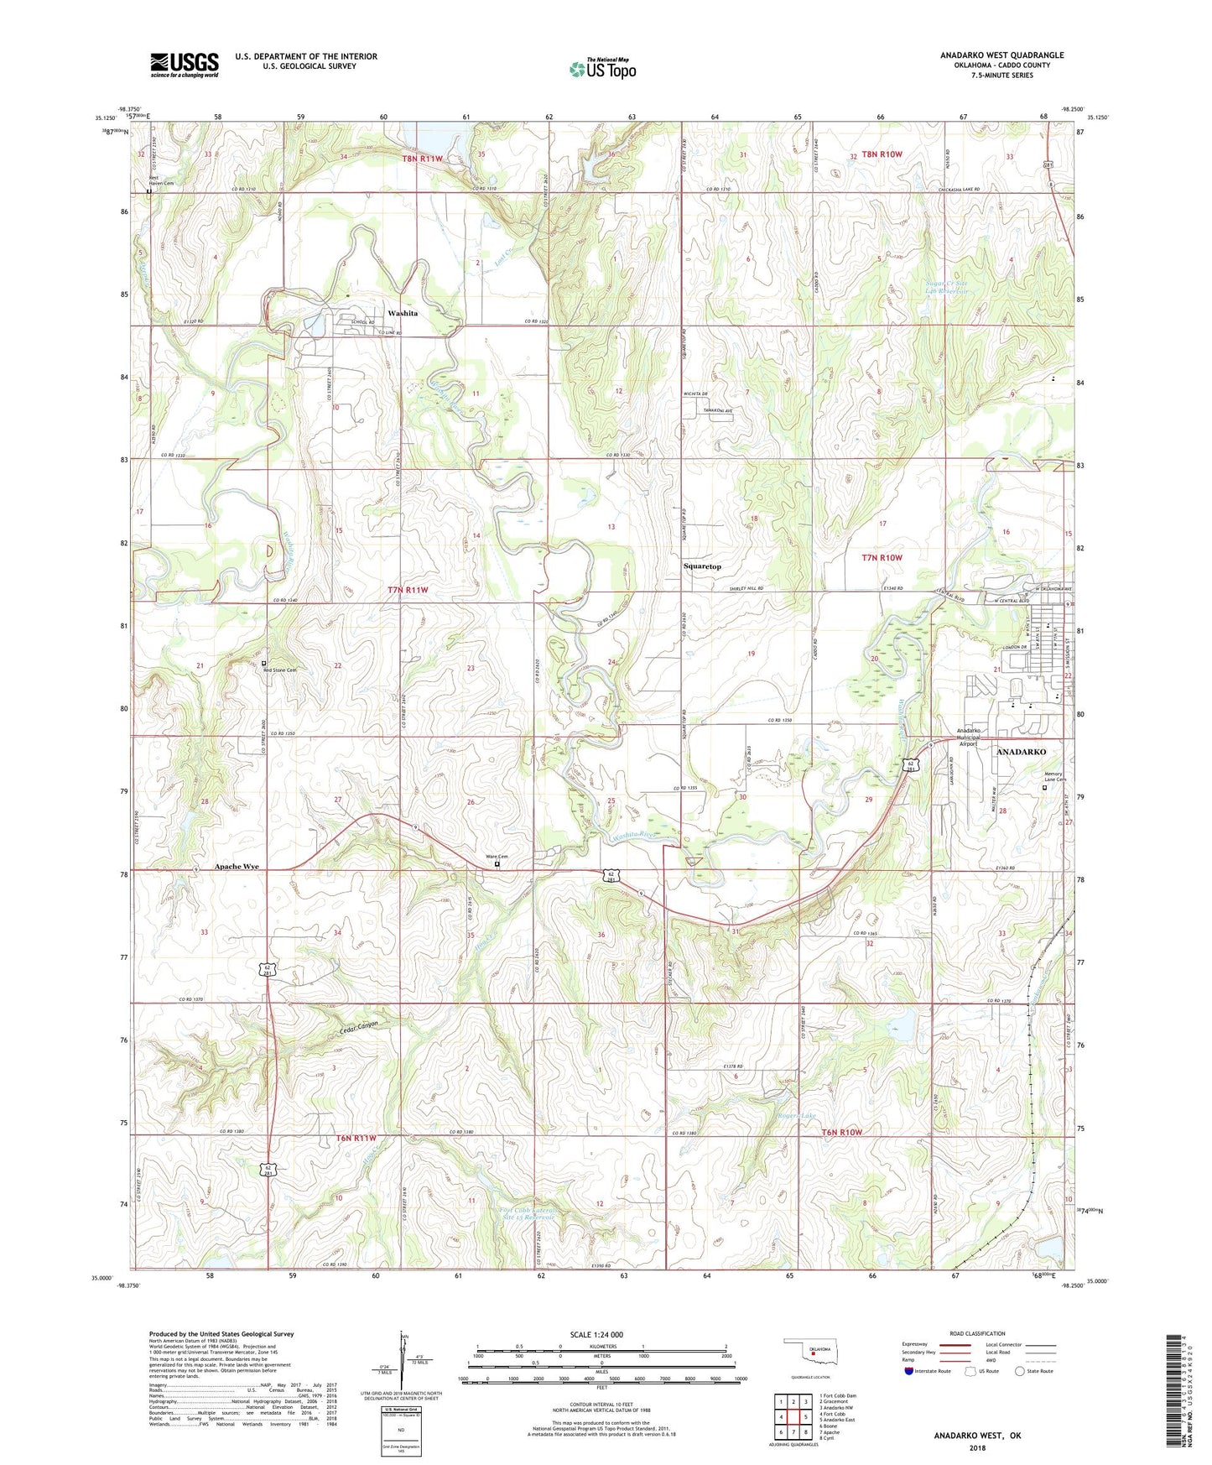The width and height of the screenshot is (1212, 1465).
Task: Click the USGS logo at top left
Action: tap(185, 65)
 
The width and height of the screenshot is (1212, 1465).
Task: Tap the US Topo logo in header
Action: tap(601, 69)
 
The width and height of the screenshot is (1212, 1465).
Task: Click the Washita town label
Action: tap(403, 313)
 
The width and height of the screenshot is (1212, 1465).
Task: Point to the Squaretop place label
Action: tap(702, 566)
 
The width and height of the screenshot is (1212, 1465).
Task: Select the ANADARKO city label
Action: tap(1021, 752)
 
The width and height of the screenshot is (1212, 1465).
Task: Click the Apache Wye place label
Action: tap(237, 866)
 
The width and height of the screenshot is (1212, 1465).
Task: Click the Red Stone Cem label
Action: tap(281, 670)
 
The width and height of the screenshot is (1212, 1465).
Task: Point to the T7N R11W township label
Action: tap(408, 590)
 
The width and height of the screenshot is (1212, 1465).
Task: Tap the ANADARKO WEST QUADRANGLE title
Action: tap(1001, 55)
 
